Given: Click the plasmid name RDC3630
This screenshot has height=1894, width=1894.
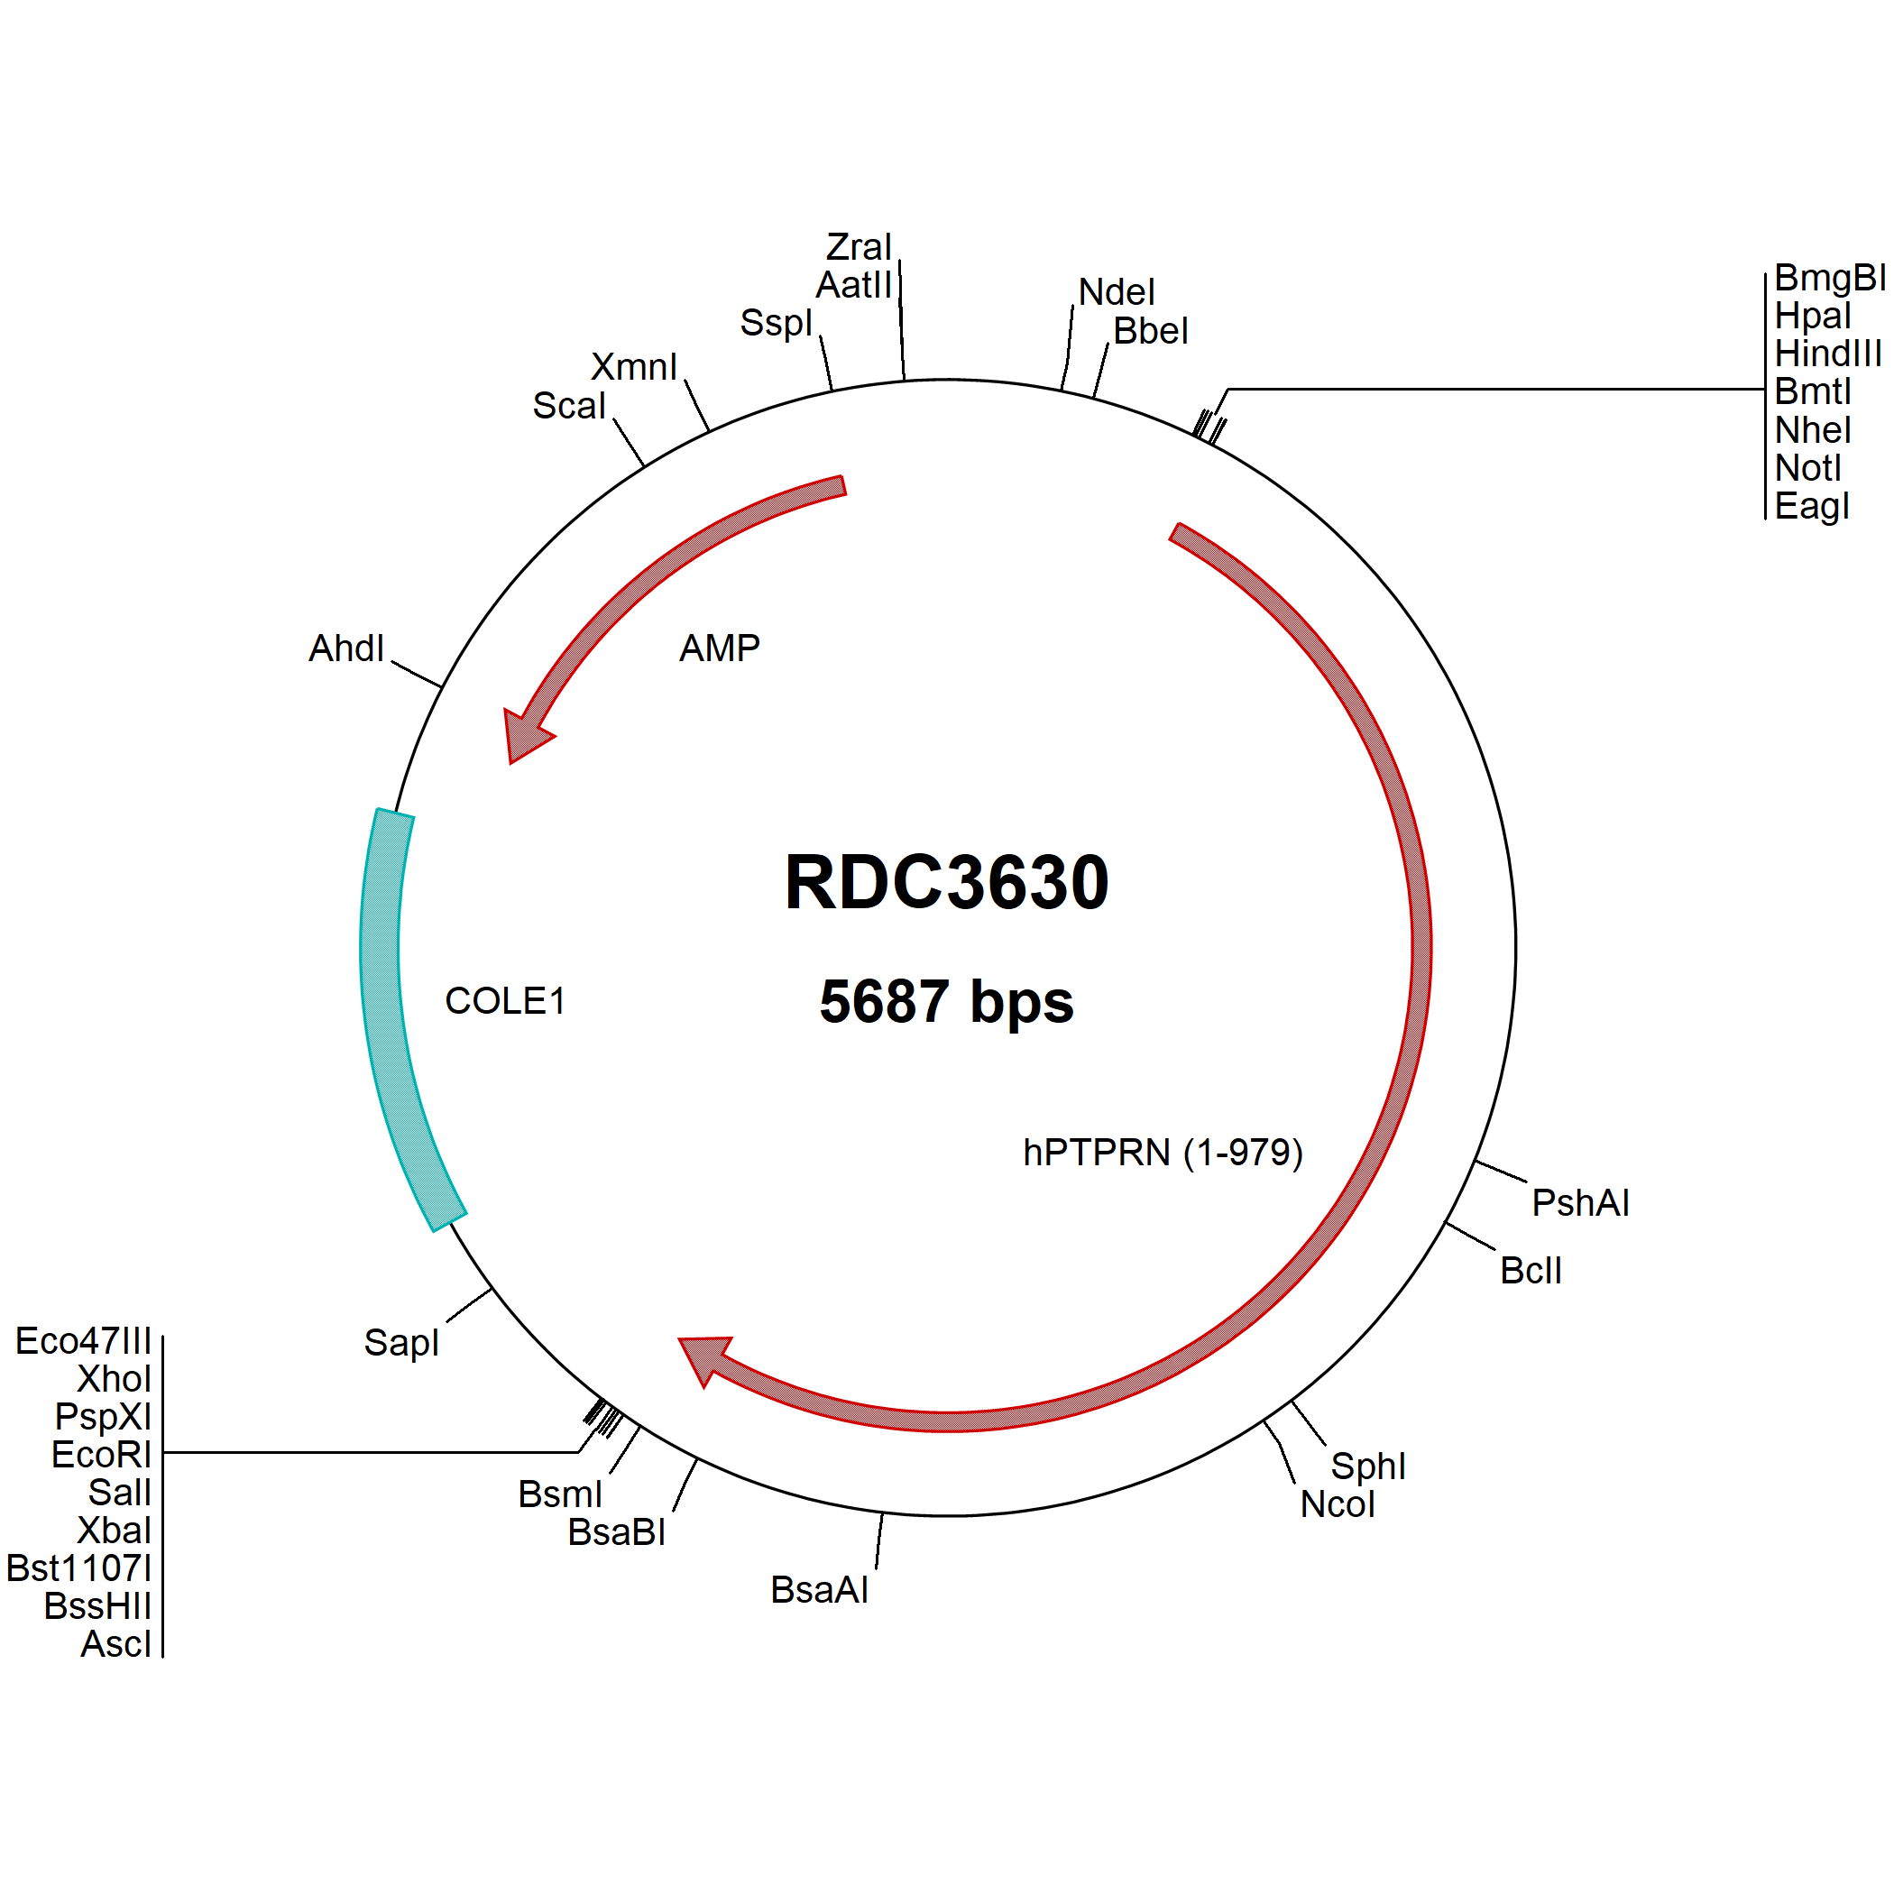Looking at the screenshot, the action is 946,882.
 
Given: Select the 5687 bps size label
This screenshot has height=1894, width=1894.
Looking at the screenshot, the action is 946,1001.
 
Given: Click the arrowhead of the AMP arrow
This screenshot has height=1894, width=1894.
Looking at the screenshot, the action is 525,733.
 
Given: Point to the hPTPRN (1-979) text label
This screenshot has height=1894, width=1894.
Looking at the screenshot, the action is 1163,1153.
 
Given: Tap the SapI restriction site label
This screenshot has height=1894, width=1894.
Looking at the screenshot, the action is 401,1342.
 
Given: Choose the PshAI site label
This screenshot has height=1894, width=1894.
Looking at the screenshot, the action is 1580,1203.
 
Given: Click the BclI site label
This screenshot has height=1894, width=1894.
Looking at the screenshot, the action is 1531,1271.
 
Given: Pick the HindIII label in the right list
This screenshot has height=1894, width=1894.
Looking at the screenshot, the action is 1828,353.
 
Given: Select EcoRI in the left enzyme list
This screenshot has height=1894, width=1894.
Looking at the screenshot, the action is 101,1455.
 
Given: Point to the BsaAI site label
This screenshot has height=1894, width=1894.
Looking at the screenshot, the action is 819,1590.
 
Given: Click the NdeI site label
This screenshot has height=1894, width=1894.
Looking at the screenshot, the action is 1117,292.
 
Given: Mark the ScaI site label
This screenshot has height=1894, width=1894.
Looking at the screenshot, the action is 568,406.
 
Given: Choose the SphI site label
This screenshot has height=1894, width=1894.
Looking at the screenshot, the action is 1367,1466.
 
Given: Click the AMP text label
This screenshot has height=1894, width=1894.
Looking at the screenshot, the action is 720,648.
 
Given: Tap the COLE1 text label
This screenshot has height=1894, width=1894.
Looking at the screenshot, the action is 505,1001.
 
